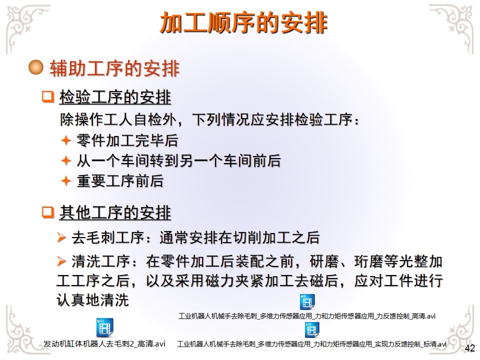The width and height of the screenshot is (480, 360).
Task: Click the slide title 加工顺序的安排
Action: [x=243, y=22]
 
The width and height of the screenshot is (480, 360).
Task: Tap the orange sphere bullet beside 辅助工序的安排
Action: [x=36, y=67]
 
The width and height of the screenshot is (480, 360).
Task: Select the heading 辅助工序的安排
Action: [x=114, y=68]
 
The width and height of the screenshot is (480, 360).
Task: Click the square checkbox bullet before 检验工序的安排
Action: [x=48, y=96]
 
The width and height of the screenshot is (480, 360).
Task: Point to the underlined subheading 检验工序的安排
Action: [x=115, y=97]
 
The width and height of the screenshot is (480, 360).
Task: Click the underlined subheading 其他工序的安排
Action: [x=115, y=212]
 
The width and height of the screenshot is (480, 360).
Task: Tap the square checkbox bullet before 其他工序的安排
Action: [x=48, y=212]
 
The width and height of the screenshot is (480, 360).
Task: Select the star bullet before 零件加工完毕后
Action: [x=66, y=140]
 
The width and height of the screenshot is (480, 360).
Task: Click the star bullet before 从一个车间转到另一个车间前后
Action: [x=66, y=160]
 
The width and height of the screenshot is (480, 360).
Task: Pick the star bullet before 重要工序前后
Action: [x=66, y=180]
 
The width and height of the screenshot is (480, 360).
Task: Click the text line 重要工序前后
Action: [x=120, y=180]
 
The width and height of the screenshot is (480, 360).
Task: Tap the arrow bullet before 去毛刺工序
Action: [x=61, y=237]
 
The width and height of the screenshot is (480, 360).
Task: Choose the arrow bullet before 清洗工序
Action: [x=61, y=261]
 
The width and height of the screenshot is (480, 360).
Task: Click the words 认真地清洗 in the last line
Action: [x=92, y=300]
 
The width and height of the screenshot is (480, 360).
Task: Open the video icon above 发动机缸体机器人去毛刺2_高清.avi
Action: [x=104, y=327]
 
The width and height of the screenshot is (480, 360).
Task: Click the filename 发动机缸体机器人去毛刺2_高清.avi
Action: [x=104, y=344]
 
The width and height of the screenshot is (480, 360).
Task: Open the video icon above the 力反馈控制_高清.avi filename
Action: [x=307, y=302]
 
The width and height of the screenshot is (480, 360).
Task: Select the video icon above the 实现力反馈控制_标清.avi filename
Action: [x=312, y=330]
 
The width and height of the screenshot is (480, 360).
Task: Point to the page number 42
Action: [x=469, y=348]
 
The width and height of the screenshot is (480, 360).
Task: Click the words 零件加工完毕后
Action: [x=127, y=140]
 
